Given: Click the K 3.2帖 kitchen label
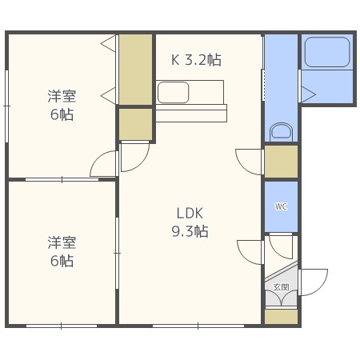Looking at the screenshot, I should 196,59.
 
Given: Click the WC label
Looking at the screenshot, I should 281,206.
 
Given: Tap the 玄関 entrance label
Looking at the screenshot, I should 281,286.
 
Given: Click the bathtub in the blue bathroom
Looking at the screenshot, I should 327,53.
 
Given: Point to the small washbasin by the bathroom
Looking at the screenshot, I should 281,131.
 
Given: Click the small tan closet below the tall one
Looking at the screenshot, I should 135,124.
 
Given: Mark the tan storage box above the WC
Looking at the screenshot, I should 281,161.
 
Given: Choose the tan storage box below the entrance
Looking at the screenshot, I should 281,315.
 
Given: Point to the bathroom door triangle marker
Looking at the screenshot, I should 308,94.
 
